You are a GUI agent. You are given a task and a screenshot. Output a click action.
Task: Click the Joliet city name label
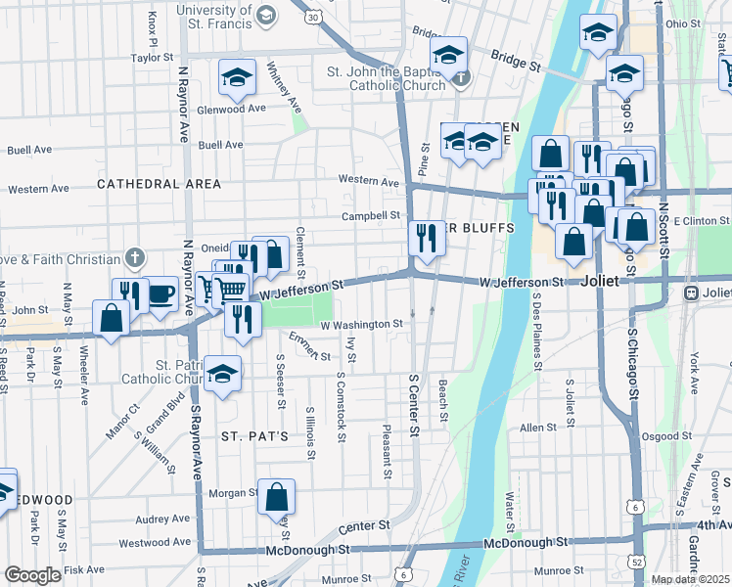point(600,280)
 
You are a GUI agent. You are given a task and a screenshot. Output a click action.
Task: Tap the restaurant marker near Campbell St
point(427,238)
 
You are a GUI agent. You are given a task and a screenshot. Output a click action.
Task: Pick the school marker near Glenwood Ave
point(236,78)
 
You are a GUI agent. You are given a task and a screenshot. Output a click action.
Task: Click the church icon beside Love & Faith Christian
point(135,259)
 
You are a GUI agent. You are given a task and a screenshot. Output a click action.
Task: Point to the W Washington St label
point(361,324)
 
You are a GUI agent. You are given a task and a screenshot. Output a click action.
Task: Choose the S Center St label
point(414,403)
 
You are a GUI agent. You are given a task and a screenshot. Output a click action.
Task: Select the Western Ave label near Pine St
point(369,181)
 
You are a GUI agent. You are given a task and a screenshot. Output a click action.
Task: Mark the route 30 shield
point(311,17)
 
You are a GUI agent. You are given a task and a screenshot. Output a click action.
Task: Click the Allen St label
point(538,428)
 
